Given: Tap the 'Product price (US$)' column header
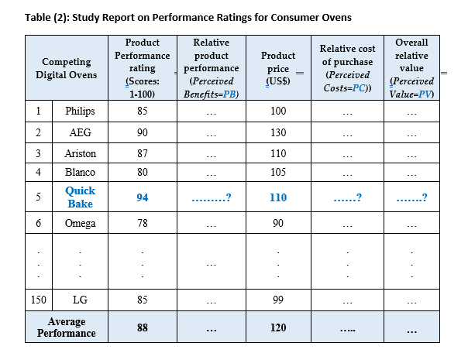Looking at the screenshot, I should coord(278,68).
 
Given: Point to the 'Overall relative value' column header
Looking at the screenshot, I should coord(411,68).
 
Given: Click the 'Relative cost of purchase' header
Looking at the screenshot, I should coord(346,69).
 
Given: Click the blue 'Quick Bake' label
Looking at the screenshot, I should coord(80,197).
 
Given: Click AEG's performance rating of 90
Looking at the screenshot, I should coord(143,132).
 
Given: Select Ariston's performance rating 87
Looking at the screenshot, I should coord(143,153).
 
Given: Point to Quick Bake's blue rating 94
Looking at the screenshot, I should coord(143,197).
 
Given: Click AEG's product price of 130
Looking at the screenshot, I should coord(278,132).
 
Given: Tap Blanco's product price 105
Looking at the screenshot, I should coord(278,172).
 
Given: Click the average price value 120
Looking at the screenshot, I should coord(278,327).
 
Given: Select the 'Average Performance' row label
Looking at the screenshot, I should coord(67,327).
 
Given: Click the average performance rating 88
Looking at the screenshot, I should coord(143,327).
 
